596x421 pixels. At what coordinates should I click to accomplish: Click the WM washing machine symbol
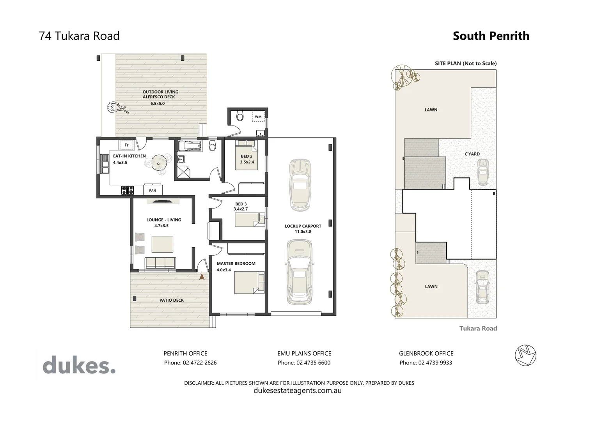(x=258, y=117)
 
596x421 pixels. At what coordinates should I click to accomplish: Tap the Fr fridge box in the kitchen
(x=126, y=145)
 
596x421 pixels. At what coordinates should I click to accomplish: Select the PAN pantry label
(x=153, y=190)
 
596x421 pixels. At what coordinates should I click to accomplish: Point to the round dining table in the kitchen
(x=159, y=163)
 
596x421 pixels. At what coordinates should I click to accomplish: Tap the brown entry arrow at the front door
(x=202, y=277)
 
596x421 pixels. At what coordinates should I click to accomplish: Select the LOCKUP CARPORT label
(x=303, y=226)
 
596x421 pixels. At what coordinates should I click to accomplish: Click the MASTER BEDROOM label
(x=236, y=264)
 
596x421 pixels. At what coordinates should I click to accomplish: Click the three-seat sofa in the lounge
(x=160, y=262)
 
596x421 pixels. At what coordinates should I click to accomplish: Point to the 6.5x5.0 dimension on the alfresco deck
(x=158, y=104)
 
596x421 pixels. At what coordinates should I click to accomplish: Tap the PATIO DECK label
(x=171, y=300)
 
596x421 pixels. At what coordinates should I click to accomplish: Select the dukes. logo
(x=79, y=366)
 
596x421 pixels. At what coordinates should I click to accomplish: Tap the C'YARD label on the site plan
(x=472, y=154)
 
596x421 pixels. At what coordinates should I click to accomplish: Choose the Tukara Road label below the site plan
(x=478, y=328)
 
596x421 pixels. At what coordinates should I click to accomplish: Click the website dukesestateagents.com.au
(x=297, y=390)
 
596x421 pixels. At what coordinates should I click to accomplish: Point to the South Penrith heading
(x=491, y=36)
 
